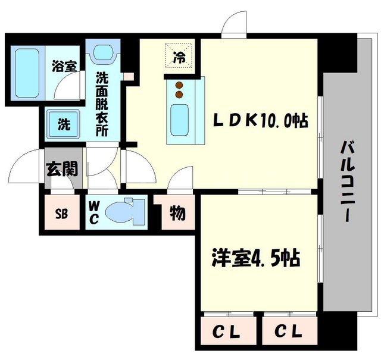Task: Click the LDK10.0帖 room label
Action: [x=261, y=121]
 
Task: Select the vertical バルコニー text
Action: [x=346, y=181]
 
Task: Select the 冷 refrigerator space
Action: [x=179, y=58]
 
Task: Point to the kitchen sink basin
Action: [x=179, y=119]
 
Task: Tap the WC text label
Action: [x=95, y=212]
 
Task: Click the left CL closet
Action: [x=227, y=329]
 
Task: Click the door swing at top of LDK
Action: [x=234, y=24]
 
